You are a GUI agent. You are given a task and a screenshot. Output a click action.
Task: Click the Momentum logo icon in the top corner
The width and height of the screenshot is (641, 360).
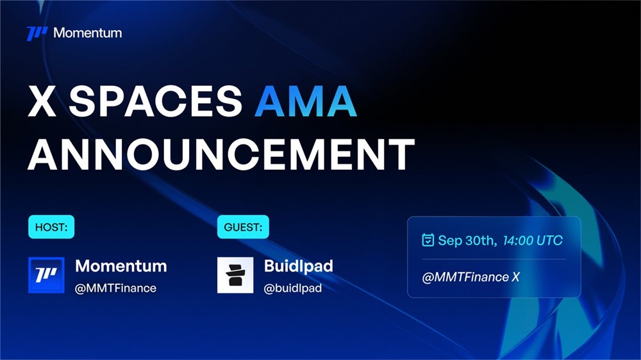[x=37, y=33]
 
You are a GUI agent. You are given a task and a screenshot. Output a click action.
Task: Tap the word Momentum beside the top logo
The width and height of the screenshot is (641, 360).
[x=87, y=33]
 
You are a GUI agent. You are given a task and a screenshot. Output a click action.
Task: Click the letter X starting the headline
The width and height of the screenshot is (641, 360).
[x=42, y=101]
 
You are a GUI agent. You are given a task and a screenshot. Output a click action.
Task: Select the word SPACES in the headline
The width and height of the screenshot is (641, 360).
[x=155, y=101]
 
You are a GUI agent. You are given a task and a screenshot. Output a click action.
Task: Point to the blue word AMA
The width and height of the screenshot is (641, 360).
[x=305, y=101]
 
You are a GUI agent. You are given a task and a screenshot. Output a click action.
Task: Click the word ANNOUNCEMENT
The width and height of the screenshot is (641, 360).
[x=221, y=154]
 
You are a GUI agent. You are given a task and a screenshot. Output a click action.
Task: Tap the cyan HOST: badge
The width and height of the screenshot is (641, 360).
[x=51, y=227]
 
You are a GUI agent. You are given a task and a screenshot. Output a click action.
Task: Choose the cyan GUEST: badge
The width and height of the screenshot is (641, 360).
[x=243, y=227]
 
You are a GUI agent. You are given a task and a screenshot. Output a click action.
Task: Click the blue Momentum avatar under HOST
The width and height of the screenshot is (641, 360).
[x=46, y=275]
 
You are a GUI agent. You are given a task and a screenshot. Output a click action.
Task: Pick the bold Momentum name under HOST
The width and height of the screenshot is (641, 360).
[x=121, y=266]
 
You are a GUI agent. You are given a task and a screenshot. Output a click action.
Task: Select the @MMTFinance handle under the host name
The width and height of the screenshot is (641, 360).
[x=115, y=288]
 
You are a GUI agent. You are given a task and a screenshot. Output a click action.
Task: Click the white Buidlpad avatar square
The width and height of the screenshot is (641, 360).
[x=235, y=275]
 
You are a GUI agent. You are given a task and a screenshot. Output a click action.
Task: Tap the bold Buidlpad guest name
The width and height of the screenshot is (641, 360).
[x=299, y=266]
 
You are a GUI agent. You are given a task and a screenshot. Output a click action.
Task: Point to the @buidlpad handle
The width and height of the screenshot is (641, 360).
[x=293, y=288]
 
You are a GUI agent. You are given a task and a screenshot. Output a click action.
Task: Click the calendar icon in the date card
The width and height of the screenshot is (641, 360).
[x=428, y=240]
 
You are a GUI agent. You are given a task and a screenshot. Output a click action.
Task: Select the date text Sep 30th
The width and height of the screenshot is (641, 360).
[x=467, y=240]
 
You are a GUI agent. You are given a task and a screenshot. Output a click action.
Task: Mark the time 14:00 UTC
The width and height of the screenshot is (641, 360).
[x=533, y=240]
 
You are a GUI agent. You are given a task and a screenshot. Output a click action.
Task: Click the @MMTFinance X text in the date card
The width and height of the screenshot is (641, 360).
[x=470, y=277]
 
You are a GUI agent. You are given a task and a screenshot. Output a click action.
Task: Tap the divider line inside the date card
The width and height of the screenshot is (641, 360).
[x=494, y=259]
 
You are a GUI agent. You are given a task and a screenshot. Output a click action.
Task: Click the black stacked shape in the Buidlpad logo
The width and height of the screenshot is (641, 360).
[x=235, y=275]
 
